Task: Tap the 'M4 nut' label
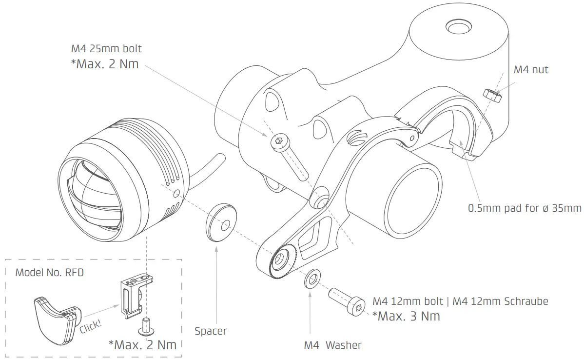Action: [x=531, y=70]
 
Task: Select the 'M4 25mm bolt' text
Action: [x=106, y=49]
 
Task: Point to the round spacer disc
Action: [x=220, y=222]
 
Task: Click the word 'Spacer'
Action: [x=211, y=331]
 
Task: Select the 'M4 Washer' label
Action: [x=332, y=345]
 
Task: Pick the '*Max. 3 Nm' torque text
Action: [x=406, y=316]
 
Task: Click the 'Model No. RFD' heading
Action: [x=49, y=272]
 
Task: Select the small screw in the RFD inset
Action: [x=145, y=326]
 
